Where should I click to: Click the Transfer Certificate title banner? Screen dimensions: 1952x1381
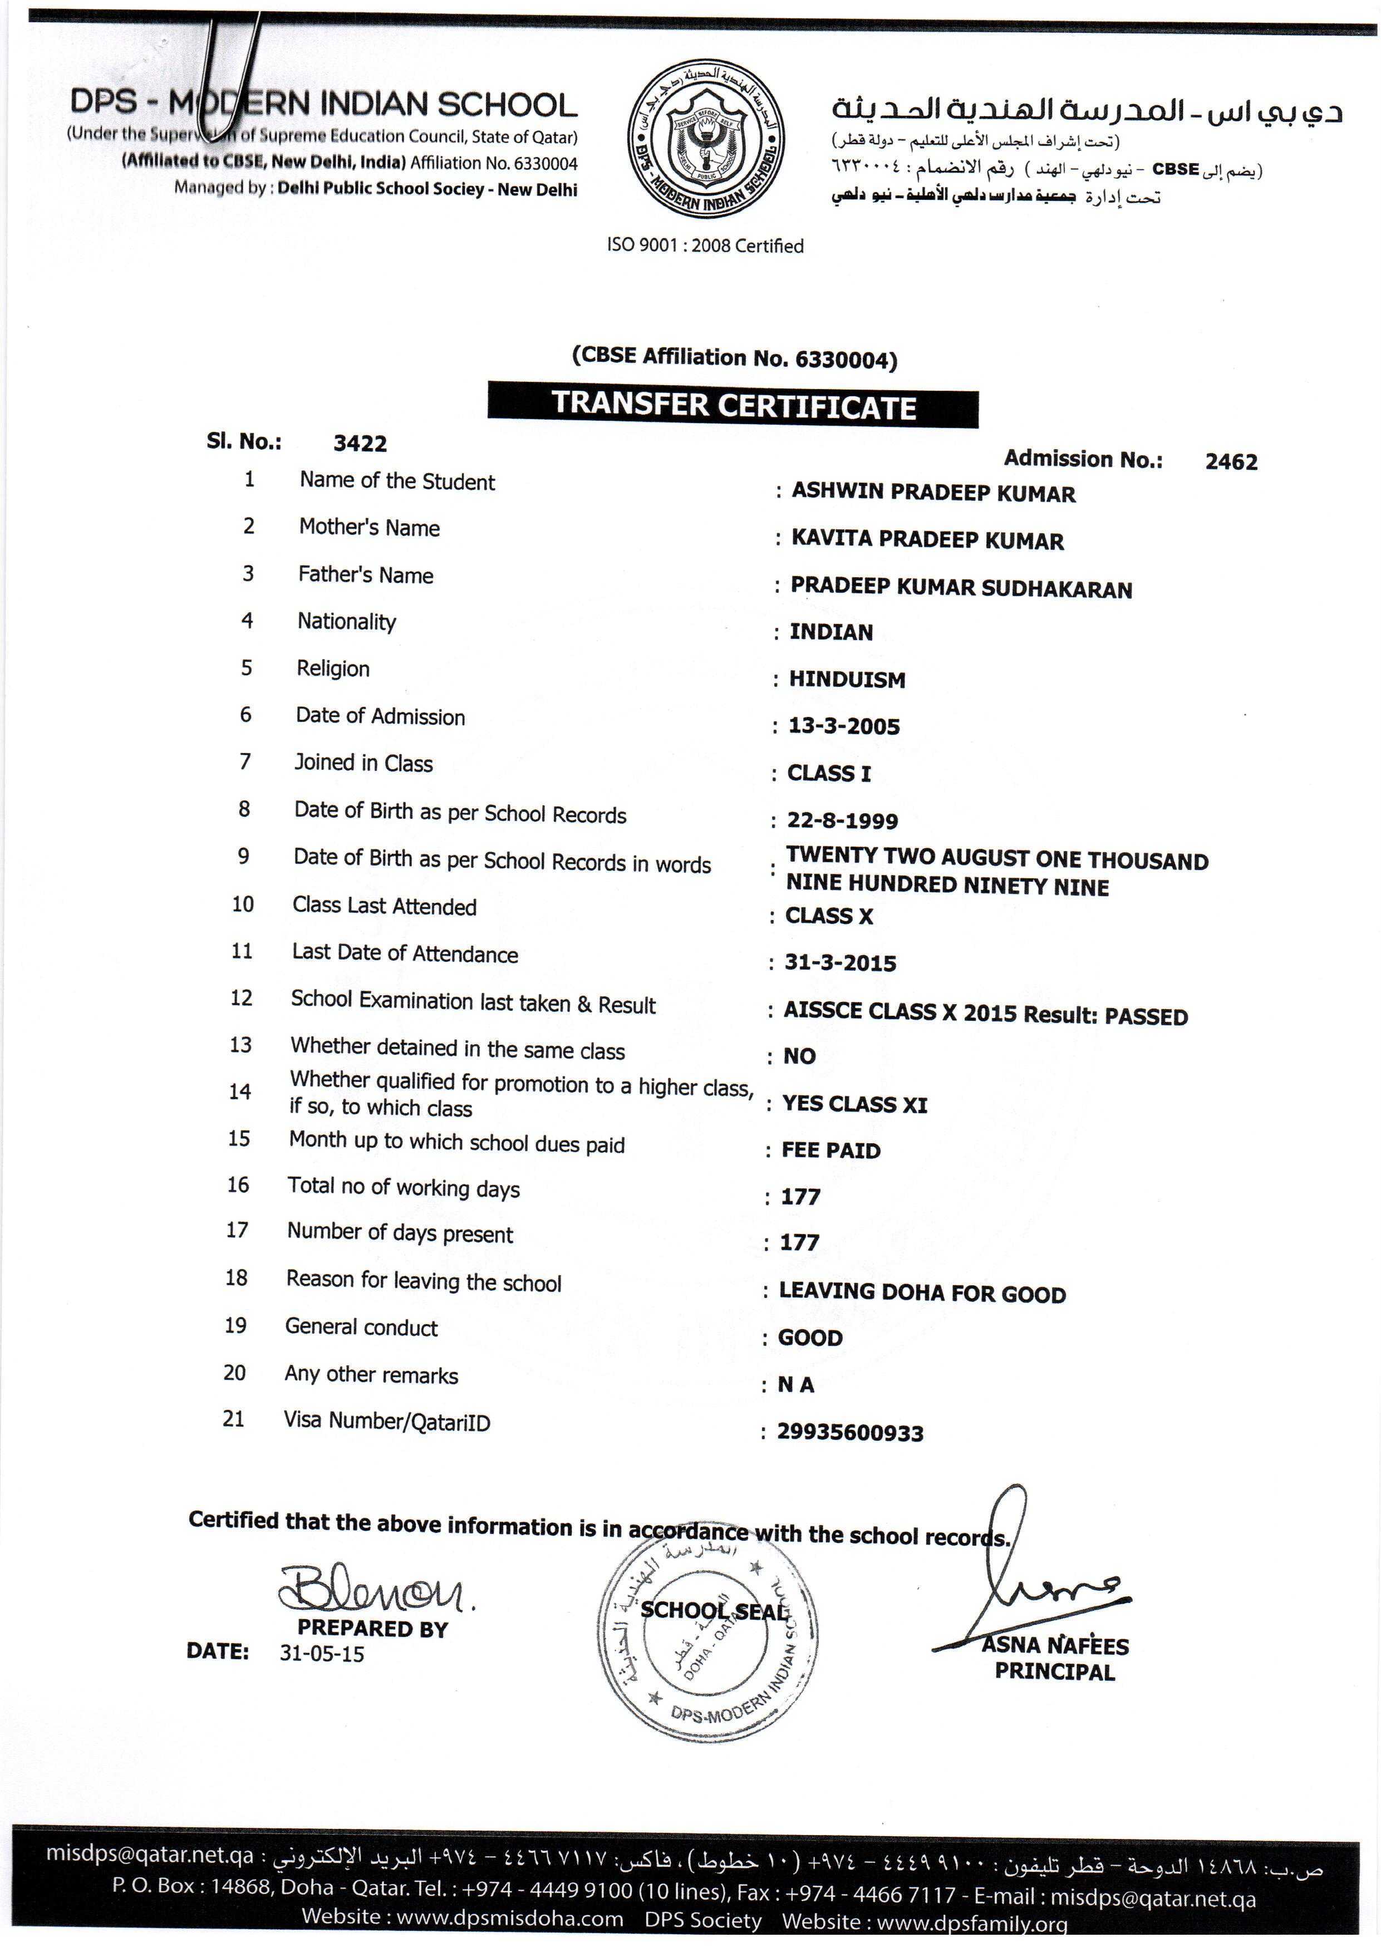[733, 407]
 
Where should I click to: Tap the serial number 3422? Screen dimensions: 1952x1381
[360, 444]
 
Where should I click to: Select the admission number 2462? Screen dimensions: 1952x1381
[1231, 461]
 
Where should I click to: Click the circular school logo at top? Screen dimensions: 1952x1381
[706, 139]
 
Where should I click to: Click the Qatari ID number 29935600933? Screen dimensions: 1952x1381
[849, 1433]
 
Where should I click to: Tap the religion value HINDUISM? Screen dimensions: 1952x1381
[847, 679]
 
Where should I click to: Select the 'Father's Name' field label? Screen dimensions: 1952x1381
[366, 576]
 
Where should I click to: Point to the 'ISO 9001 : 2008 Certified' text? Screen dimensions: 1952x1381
[705, 245]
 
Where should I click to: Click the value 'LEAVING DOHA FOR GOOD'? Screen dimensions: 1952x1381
[922, 1293]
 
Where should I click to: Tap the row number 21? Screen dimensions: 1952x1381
[233, 1418]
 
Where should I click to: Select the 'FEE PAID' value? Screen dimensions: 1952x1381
[831, 1150]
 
